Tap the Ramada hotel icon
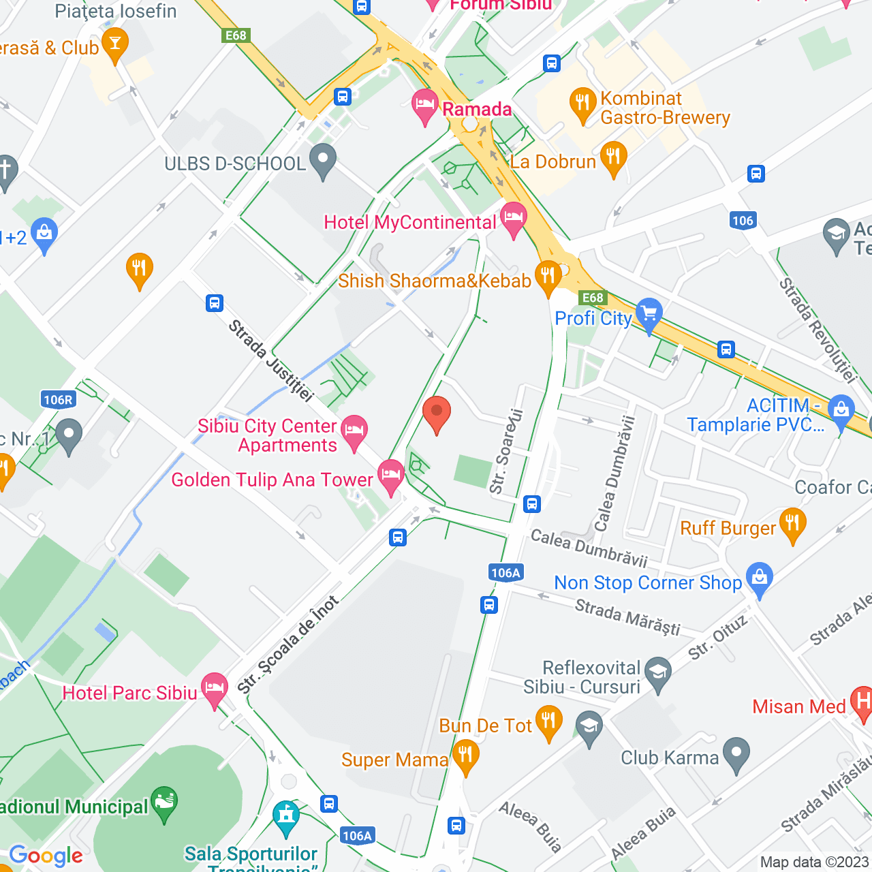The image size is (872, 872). [425, 106]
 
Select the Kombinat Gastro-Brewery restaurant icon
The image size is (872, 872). [582, 104]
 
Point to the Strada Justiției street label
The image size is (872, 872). [270, 360]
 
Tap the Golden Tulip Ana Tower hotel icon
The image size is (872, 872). [390, 476]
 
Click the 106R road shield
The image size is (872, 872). [58, 400]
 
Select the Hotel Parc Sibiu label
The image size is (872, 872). [129, 693]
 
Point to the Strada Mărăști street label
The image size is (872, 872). [627, 617]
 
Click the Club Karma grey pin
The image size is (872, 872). [736, 753]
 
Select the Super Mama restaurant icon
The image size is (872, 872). [466, 756]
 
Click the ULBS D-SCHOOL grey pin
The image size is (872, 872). [323, 160]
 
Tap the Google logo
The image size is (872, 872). [46, 856]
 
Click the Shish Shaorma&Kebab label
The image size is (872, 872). [435, 281]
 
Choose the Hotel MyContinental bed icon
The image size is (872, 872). [514, 218]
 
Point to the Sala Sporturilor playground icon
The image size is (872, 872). [286, 816]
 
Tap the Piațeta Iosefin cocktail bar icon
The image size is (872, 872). [114, 44]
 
